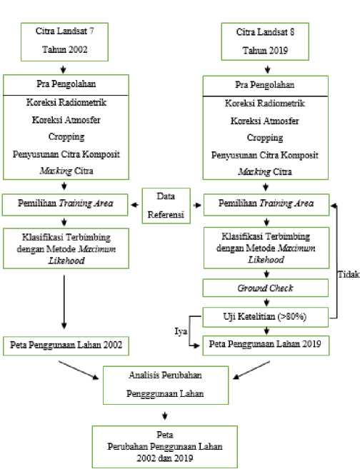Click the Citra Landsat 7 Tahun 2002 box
pyautogui.click(x=64, y=42)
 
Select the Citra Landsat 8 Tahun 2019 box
pyautogui.click(x=265, y=41)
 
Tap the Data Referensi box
pyautogui.click(x=166, y=206)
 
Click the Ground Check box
pyautogui.click(x=266, y=288)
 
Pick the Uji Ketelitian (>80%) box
pyautogui.click(x=266, y=317)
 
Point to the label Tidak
pyautogui.click(x=349, y=274)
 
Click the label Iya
pyautogui.click(x=181, y=331)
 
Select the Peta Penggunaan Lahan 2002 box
pyautogui.click(x=66, y=346)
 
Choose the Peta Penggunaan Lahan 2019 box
pyautogui.click(x=266, y=346)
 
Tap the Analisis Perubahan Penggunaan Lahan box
pyautogui.click(x=166, y=385)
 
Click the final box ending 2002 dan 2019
pyautogui.click(x=164, y=447)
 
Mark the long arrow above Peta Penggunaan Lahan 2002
pyautogui.click(x=64, y=302)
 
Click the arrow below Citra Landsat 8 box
pyautogui.click(x=268, y=69)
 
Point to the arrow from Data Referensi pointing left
pyautogui.click(x=135, y=205)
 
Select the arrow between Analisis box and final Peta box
pyautogui.click(x=164, y=415)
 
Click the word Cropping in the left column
pyautogui.click(x=66, y=136)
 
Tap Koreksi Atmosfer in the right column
pyautogui.click(x=264, y=121)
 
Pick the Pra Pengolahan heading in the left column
pyautogui.click(x=66, y=84)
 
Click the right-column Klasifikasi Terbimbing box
pyautogui.click(x=266, y=248)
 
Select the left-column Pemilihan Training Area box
pyautogui.click(x=65, y=205)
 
